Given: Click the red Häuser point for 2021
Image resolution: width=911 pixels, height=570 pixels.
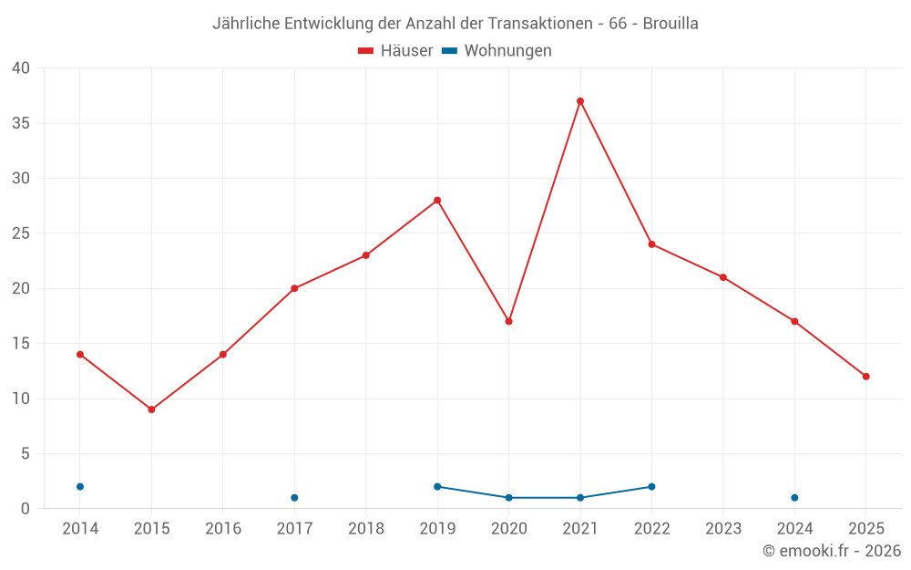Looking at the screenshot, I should tap(580, 101).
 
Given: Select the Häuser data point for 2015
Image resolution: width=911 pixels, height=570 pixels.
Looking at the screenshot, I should tap(151, 409).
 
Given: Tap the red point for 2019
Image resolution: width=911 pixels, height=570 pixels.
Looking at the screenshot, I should tap(437, 201).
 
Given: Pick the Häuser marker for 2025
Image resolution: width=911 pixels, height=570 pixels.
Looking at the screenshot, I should tap(866, 377).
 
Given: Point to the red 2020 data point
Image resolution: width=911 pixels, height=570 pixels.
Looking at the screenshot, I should tap(508, 321).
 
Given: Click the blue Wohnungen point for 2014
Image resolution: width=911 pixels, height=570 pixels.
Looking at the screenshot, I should tap(80, 487).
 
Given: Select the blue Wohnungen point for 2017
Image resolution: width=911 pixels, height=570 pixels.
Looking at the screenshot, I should tap(294, 498).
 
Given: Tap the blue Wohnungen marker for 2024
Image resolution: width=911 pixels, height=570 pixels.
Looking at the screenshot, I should tap(794, 498).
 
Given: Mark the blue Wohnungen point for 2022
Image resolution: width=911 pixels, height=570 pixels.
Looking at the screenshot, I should tap(651, 487).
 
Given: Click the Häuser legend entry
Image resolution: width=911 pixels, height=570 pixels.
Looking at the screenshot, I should tap(395, 51).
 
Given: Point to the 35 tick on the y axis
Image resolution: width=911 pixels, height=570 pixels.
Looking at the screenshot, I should tap(21, 123).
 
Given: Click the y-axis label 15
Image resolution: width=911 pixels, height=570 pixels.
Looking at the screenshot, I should tap(21, 344).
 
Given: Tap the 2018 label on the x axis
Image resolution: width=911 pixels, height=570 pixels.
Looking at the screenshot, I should tap(366, 529).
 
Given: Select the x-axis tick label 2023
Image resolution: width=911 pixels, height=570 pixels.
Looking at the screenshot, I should tap(723, 529).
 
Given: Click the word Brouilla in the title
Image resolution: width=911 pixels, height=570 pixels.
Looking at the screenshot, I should tap(670, 24).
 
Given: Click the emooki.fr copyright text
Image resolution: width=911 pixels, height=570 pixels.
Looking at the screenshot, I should tap(832, 551).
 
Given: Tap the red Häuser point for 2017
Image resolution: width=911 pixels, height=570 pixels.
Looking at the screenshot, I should tap(294, 288).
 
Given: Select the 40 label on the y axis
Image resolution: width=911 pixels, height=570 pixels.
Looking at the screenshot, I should tap(21, 68).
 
